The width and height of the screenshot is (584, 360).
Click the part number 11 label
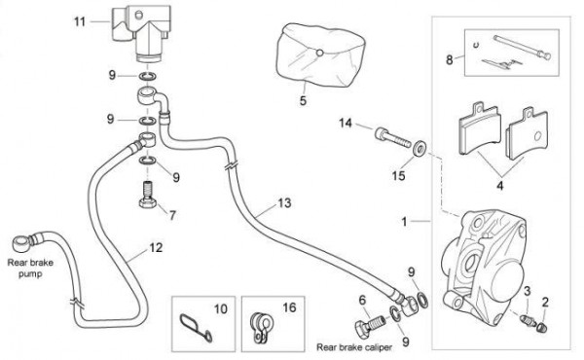(x=80, y=21)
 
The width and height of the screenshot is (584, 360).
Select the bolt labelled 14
(x=392, y=137)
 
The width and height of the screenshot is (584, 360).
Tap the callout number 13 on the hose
(x=284, y=203)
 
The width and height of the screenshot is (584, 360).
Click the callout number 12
(x=156, y=247)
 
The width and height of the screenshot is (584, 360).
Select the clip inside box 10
(x=196, y=327)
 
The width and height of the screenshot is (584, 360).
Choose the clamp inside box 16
(x=260, y=327)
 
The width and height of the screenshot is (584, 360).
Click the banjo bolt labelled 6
(x=370, y=325)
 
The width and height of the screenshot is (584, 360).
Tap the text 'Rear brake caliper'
(x=354, y=347)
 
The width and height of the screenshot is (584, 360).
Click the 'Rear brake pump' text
(x=30, y=268)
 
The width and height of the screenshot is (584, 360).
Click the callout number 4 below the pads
(x=500, y=185)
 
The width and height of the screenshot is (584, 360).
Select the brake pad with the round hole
(x=528, y=134)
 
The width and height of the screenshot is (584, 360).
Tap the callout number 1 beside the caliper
(x=404, y=222)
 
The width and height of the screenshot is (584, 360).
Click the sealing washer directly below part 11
(x=148, y=77)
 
